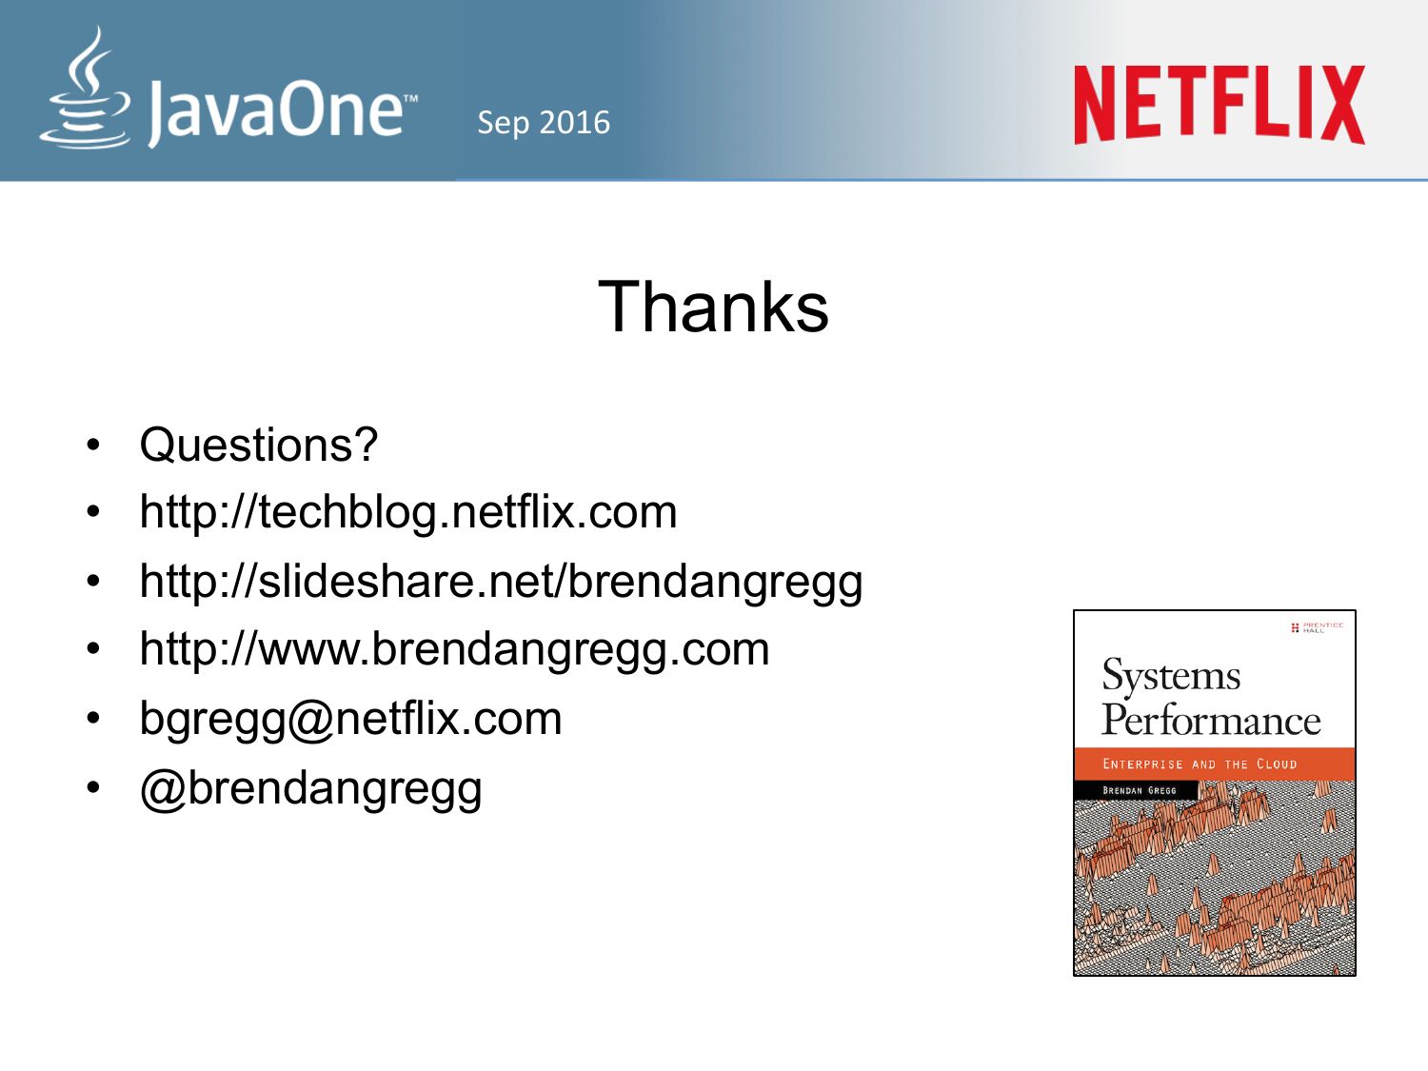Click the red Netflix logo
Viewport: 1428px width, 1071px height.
click(1220, 105)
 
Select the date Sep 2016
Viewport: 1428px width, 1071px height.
click(544, 123)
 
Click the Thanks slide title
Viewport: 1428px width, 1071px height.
click(713, 307)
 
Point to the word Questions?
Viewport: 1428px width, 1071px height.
click(259, 446)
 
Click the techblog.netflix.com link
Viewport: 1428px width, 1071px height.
click(408, 512)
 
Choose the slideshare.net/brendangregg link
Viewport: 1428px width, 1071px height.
click(502, 582)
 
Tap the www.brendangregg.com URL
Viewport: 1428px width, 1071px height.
click(455, 649)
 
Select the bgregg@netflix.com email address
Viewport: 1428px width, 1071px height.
click(351, 719)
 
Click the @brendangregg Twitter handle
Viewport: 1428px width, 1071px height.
click(311, 789)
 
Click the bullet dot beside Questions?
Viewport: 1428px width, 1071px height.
click(93, 446)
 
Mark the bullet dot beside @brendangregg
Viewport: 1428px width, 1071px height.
click(93, 788)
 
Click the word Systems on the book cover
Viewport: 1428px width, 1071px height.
click(1171, 676)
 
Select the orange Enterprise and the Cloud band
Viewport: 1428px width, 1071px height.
click(1215, 764)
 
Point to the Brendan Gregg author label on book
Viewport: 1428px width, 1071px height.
click(1140, 791)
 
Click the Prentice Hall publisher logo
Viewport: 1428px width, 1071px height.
click(1317, 627)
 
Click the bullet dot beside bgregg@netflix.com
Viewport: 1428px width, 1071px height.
click(93, 719)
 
